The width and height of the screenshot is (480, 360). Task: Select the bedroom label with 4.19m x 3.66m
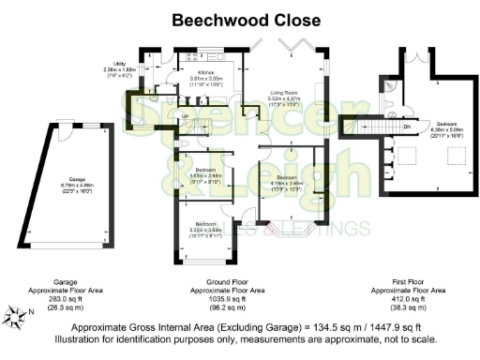tap(286, 177)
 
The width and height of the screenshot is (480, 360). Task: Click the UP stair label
tap(185, 116)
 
